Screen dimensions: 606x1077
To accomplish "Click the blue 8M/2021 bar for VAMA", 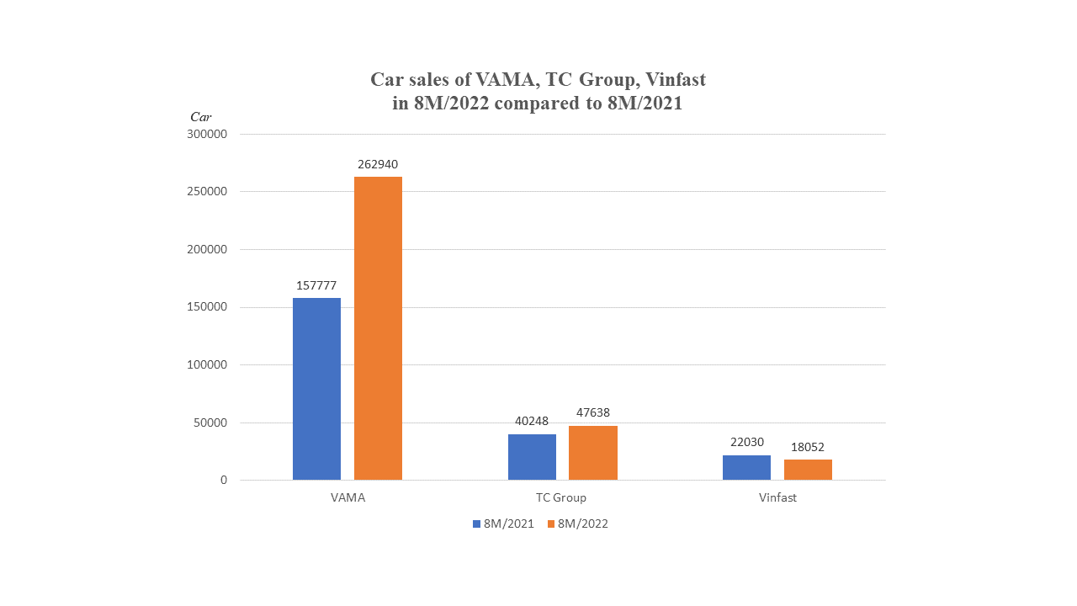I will tap(316, 389).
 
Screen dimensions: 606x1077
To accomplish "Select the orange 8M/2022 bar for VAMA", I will tap(378, 328).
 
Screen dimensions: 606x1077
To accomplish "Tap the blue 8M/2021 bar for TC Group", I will tap(532, 457).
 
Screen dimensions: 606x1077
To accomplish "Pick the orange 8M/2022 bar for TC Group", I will tap(593, 453).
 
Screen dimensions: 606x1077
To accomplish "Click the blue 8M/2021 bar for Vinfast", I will tap(746, 468).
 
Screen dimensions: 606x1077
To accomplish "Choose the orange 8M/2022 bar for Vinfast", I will tap(808, 470).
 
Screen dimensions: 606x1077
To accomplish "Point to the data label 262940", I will tap(378, 164).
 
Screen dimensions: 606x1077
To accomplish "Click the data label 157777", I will tap(316, 285).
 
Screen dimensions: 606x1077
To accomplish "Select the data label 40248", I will tap(532, 421).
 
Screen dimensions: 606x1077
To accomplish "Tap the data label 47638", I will tap(593, 412).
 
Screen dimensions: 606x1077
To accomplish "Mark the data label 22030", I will tap(746, 443).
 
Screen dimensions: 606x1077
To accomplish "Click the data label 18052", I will tap(808, 447).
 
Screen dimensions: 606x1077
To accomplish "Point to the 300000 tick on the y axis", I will tap(208, 134).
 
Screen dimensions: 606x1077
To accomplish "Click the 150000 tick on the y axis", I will tap(208, 307).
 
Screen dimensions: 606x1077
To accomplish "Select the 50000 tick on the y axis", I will tap(211, 423).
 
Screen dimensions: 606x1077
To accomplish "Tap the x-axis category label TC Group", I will tap(562, 497).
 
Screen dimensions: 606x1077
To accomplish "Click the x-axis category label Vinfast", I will tap(777, 497).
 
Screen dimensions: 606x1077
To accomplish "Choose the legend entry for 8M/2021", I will tap(503, 524).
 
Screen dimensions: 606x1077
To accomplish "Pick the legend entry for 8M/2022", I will tap(577, 524).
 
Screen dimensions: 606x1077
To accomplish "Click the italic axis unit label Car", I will tap(200, 117).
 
